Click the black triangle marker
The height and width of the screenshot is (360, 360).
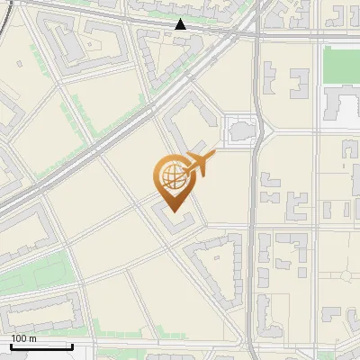point(181,24)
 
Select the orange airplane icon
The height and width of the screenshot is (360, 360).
point(199,165)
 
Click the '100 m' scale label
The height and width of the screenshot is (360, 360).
point(24,338)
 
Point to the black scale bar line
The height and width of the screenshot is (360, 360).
point(41,346)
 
